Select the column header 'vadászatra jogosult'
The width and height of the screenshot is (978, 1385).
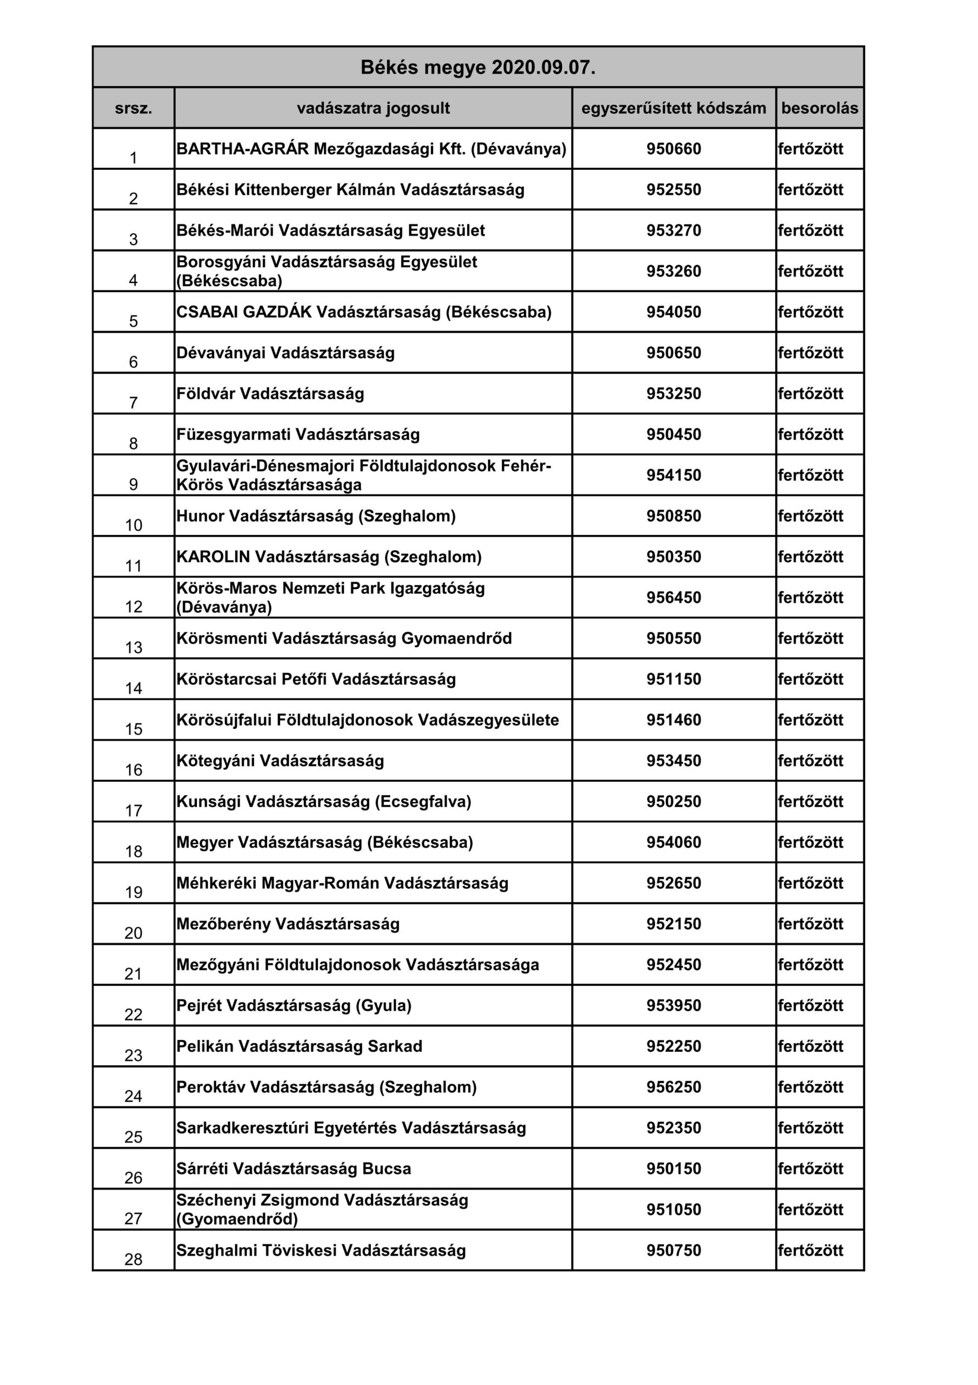pos(373,108)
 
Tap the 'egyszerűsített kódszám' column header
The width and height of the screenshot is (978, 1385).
pos(674,108)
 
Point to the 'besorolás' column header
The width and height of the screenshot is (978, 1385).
pos(820,108)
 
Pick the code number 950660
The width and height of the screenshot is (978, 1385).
pos(674,148)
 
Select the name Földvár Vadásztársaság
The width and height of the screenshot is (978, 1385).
pos(270,393)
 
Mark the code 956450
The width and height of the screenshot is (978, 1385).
pos(674,597)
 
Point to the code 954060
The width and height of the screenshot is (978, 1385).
pos(674,842)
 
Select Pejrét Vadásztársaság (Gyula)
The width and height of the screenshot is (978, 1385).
pos(294,1006)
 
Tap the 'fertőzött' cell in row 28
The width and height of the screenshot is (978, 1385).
pos(810,1250)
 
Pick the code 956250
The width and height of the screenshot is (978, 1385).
pos(674,1087)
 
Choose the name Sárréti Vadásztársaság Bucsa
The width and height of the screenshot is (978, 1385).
pos(294,1169)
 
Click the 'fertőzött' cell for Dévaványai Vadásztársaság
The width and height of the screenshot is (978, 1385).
pos(810,352)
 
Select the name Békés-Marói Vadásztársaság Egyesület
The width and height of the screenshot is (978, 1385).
pos(330,230)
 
